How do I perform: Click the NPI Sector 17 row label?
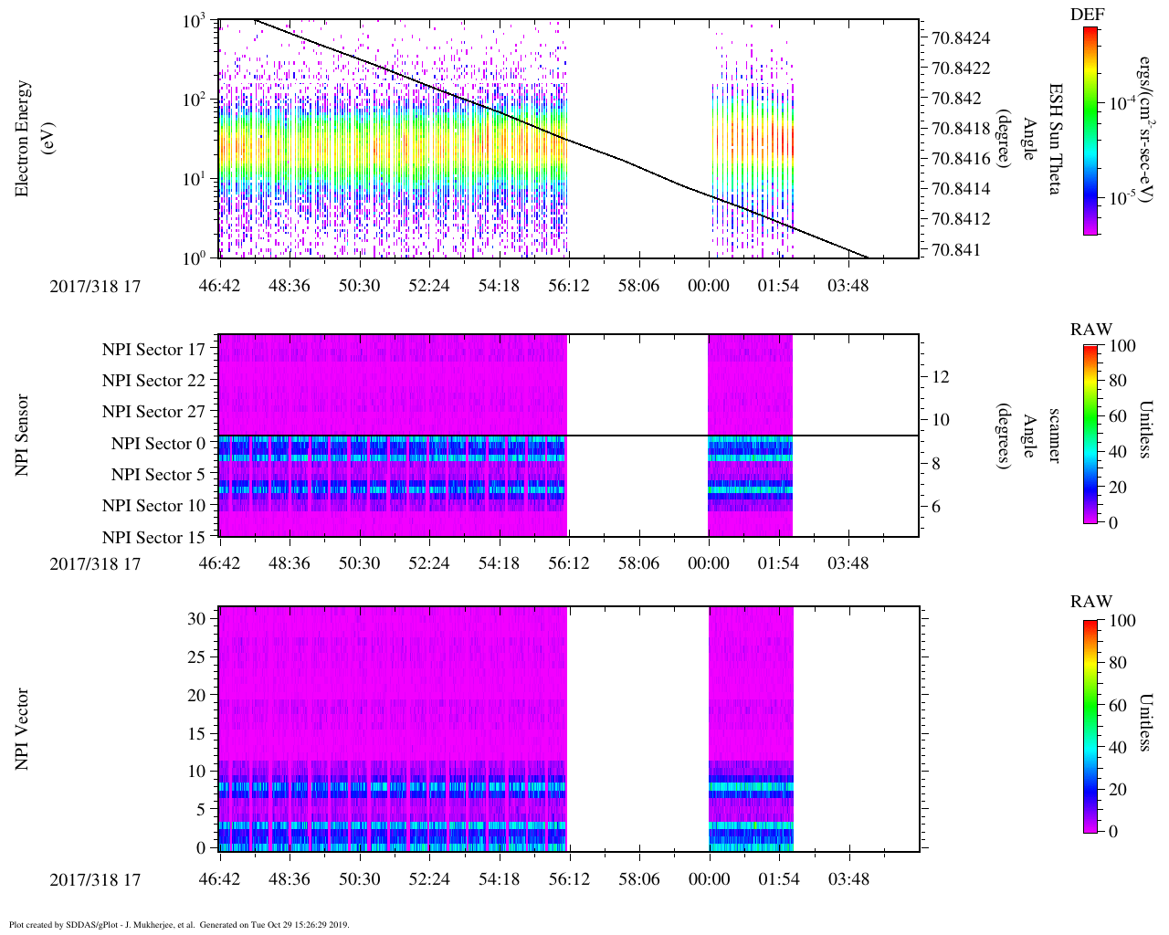[x=153, y=350]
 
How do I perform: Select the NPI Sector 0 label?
[x=158, y=444]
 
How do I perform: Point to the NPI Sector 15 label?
[x=153, y=538]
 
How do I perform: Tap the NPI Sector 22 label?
[x=153, y=381]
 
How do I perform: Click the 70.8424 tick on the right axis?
[x=961, y=38]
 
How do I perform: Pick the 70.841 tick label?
[x=954, y=250]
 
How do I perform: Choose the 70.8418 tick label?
[x=961, y=129]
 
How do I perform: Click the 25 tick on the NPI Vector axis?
[x=197, y=657]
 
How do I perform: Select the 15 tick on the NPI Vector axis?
[x=197, y=734]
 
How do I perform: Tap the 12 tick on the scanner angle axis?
[x=940, y=377]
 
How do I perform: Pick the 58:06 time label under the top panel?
[x=638, y=286]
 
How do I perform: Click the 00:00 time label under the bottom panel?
[x=710, y=880]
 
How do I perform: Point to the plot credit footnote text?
[x=179, y=924]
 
